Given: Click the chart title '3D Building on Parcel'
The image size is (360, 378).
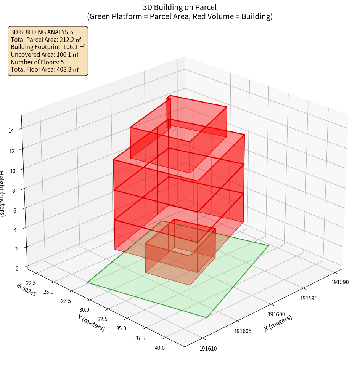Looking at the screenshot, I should point(180,7).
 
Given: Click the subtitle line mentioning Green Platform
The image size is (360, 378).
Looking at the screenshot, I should point(180,16).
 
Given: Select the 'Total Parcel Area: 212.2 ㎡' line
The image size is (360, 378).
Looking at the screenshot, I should point(46,40).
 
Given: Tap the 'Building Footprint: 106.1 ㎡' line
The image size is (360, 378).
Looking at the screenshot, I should point(48,47).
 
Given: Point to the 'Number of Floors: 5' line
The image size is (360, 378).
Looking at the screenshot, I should point(37,62).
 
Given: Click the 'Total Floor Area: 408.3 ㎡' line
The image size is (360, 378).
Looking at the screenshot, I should point(45,70).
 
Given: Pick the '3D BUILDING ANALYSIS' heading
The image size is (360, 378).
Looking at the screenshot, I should point(42,32).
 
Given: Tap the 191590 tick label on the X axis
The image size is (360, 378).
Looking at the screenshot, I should point(340,282).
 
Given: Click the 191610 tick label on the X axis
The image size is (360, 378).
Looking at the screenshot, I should point(208,348).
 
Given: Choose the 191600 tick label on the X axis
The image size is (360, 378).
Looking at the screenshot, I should point(276,314).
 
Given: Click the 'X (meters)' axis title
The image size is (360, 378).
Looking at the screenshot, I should point(278,323).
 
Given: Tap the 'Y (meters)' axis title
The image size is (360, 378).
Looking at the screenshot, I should point(92,323).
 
